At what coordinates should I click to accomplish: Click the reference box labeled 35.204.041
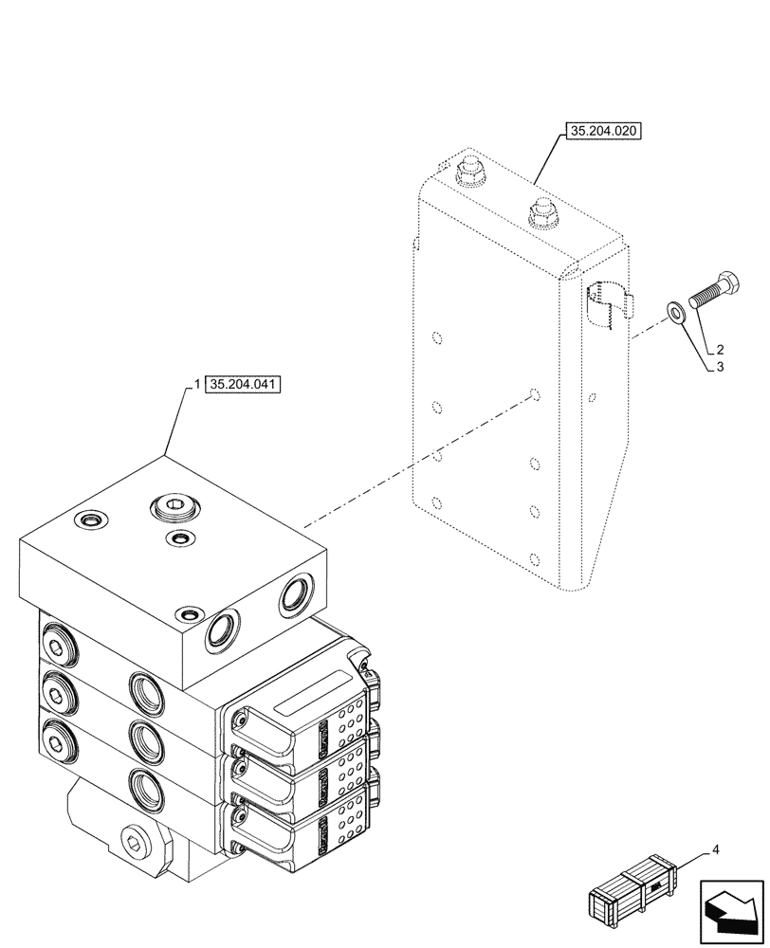pos(244,385)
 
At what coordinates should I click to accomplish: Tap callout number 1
pos(196,385)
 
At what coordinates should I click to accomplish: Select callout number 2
pos(720,350)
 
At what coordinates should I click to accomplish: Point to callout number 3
pos(720,368)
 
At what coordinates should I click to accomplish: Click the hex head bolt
pos(710,290)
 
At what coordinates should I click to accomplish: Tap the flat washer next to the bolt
pos(675,312)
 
